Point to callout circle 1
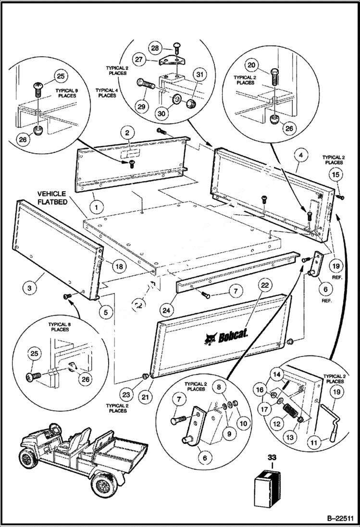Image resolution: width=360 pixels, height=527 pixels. (96, 208)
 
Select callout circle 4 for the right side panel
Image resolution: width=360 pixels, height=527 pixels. (299, 156)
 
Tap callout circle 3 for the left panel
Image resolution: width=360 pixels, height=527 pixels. (30, 288)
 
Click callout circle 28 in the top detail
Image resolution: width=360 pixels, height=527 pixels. (155, 48)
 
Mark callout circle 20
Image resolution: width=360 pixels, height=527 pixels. (251, 65)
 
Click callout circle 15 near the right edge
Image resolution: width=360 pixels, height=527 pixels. (336, 175)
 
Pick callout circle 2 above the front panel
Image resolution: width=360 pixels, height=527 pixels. (128, 133)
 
